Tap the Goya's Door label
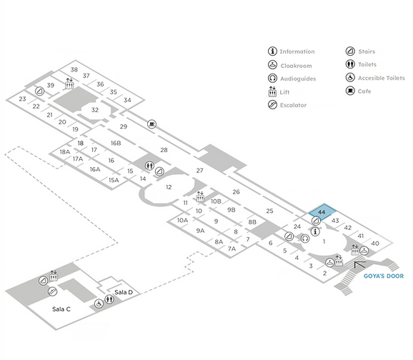(384, 276)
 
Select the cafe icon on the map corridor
(151, 124)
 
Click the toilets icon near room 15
(149, 166)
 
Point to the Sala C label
(61, 309)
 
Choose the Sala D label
(124, 292)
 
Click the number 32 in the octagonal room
(95, 110)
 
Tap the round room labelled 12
(169, 187)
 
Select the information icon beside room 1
(315, 231)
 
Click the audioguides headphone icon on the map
(305, 239)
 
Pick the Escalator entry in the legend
(287, 105)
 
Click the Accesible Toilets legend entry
(375, 78)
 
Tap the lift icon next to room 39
(69, 84)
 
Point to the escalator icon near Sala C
(52, 291)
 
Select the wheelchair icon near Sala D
(99, 304)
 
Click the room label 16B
(116, 143)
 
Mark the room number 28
(164, 150)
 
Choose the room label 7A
(232, 249)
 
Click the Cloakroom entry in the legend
(290, 65)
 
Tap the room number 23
(22, 99)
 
